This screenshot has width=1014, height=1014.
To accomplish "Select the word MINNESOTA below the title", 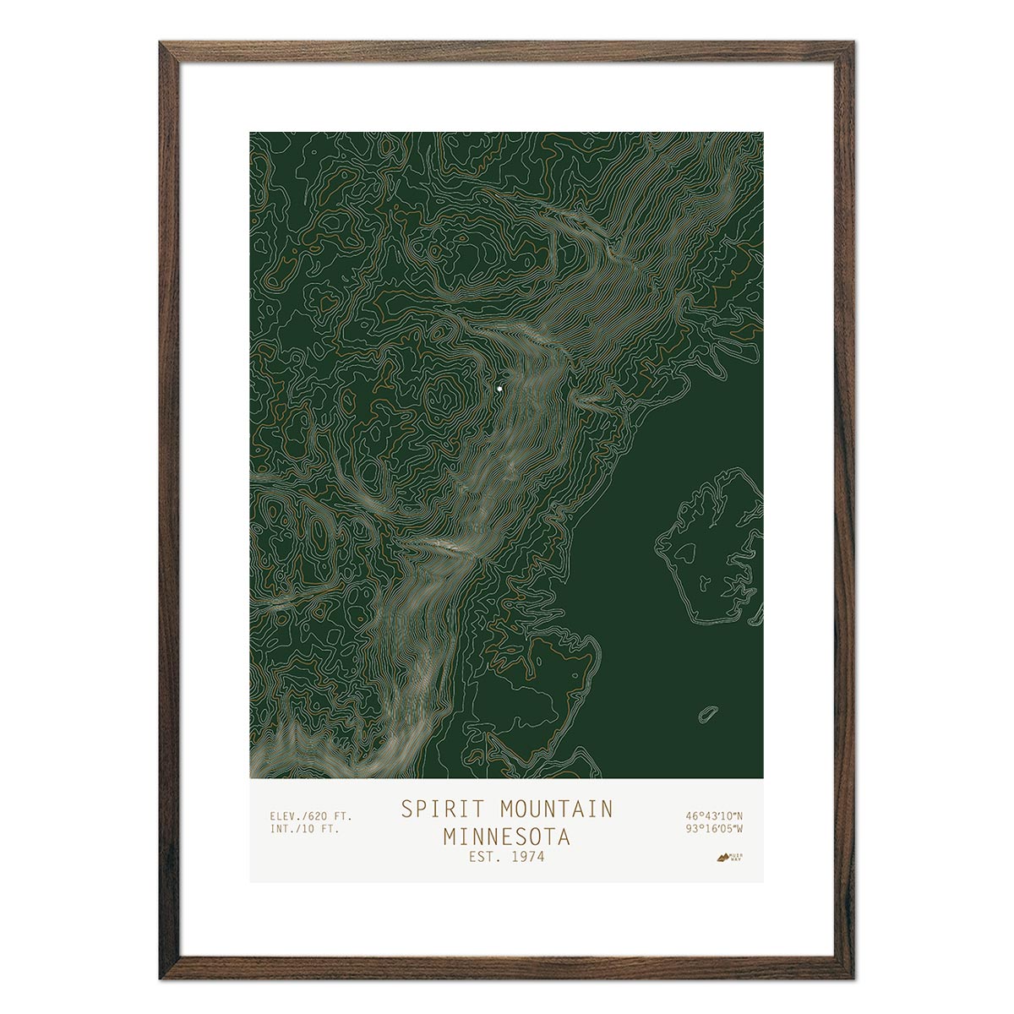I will click(506, 837).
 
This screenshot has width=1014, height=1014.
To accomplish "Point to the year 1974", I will click(528, 857).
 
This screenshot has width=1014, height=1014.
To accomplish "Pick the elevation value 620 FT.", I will click(330, 816).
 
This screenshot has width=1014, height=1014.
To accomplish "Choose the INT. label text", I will click(283, 829).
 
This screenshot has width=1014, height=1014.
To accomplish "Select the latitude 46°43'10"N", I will click(714, 816).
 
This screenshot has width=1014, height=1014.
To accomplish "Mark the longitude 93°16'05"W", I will click(714, 829).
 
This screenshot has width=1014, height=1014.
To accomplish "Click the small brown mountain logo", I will click(722, 859).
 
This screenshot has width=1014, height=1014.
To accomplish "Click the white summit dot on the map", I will click(500, 389).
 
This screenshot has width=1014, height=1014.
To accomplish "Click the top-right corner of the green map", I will click(762, 133).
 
